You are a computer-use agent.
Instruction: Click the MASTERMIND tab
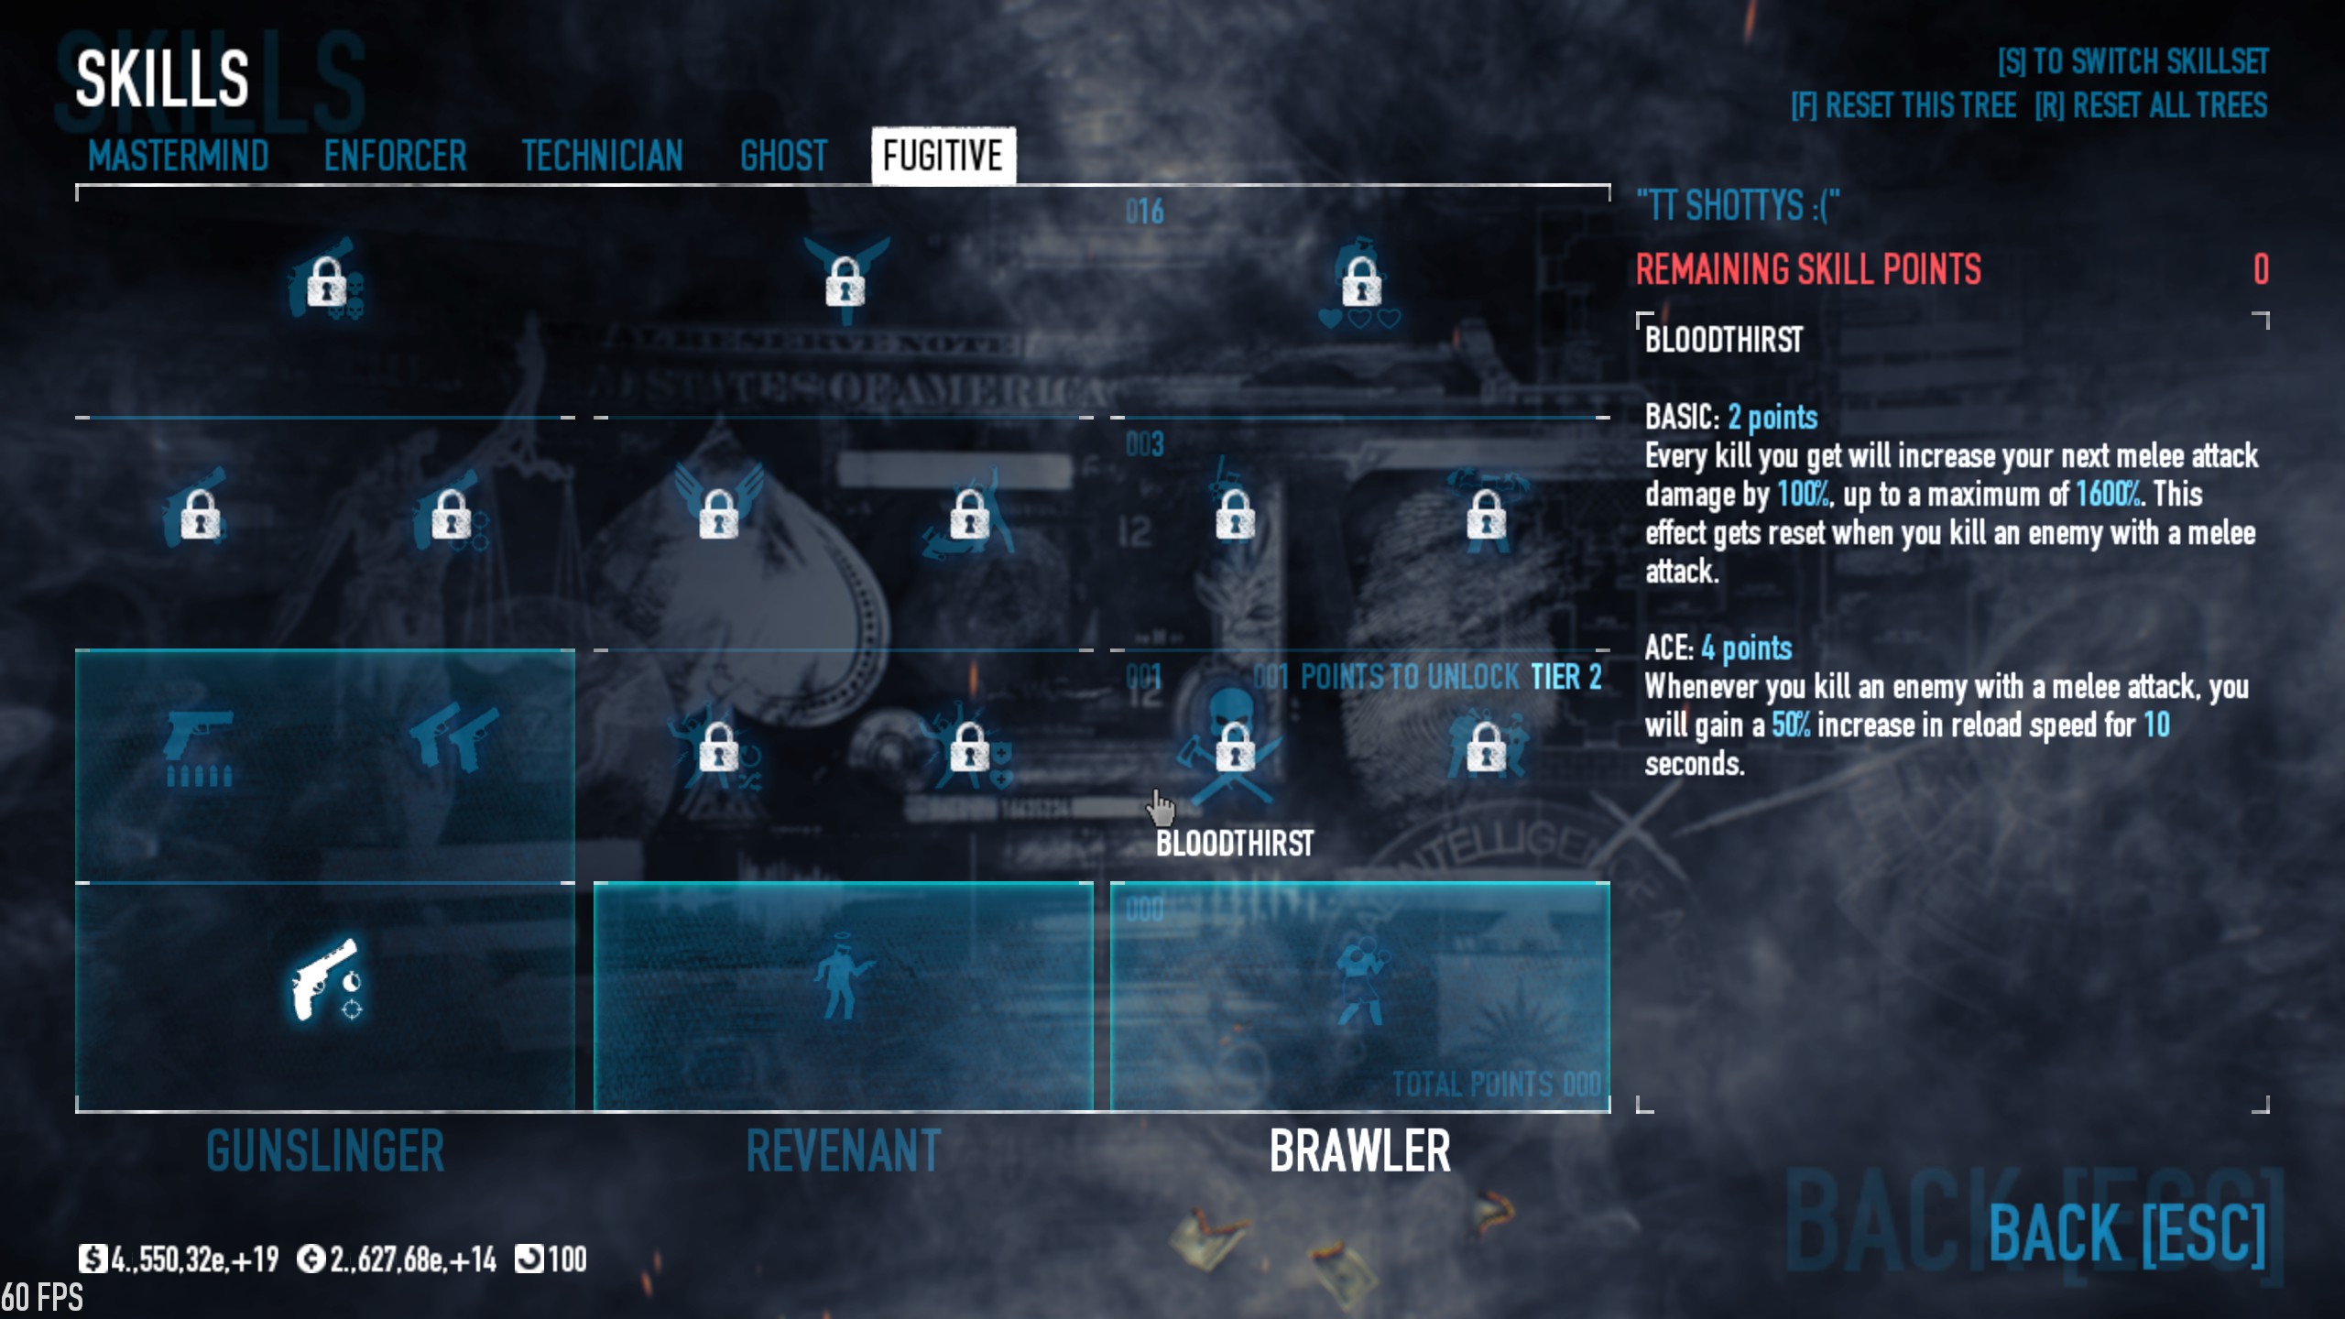(x=178, y=156)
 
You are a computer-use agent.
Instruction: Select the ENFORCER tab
(x=395, y=156)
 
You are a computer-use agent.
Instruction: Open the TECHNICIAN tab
(x=602, y=156)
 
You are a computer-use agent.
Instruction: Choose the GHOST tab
(x=783, y=156)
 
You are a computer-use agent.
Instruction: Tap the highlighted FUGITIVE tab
(x=943, y=156)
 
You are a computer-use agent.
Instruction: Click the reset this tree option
(x=1903, y=106)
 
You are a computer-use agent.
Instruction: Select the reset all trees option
(x=2150, y=106)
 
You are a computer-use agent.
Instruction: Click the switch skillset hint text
(x=2132, y=61)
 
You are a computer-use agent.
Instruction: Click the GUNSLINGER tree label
(x=325, y=1151)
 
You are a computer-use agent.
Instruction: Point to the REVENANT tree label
(x=843, y=1151)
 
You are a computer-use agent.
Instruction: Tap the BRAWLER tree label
(x=1359, y=1151)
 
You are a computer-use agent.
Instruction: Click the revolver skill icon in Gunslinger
(x=325, y=979)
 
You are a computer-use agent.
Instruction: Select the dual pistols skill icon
(x=454, y=737)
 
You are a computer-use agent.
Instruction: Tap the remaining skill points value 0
(x=2261, y=269)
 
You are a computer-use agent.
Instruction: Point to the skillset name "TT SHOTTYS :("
(x=1738, y=206)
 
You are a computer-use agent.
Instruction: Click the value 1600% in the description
(x=2108, y=495)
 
